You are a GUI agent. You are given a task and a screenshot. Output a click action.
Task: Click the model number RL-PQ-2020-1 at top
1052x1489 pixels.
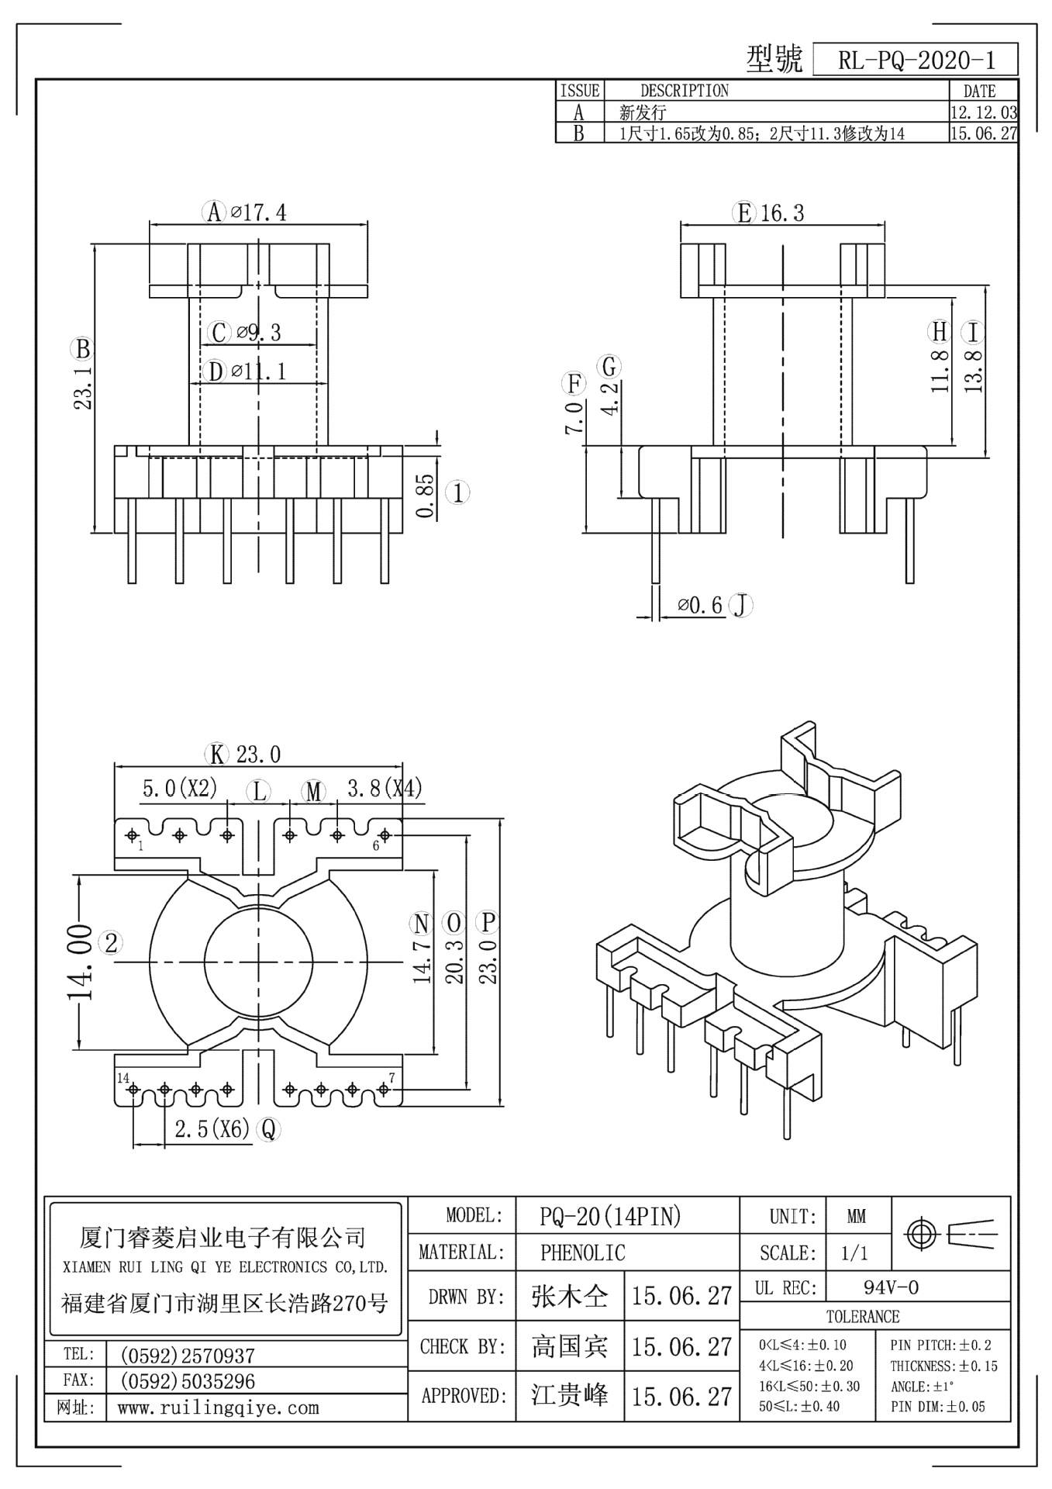(916, 60)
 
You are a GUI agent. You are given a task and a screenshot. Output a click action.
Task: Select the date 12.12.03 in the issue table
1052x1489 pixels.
(983, 112)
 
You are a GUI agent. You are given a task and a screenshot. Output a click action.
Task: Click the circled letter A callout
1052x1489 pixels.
(214, 212)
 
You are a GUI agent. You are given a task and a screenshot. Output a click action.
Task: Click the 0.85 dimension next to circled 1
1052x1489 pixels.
(425, 496)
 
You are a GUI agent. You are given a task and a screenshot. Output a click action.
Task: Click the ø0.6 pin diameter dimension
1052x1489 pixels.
(700, 606)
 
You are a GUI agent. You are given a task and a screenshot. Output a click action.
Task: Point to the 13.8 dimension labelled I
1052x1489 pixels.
(975, 370)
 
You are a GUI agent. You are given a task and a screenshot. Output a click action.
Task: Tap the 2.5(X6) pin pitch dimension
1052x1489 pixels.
(212, 1129)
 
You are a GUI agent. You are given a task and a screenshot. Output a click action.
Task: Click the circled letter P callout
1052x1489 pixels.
(488, 922)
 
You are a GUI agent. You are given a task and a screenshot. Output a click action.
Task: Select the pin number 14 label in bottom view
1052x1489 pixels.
(123, 1078)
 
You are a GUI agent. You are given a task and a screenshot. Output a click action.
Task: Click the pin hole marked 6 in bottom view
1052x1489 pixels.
(385, 835)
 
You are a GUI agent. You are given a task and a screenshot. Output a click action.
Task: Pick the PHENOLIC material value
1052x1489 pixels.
(582, 1252)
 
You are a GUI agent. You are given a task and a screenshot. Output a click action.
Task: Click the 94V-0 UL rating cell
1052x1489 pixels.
(891, 1288)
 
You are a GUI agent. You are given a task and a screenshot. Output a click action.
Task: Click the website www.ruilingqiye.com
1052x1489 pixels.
(218, 1408)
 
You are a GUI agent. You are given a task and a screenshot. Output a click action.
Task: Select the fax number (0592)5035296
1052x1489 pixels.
(187, 1381)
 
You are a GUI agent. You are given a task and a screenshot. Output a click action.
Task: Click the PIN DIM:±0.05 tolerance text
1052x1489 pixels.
(937, 1406)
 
